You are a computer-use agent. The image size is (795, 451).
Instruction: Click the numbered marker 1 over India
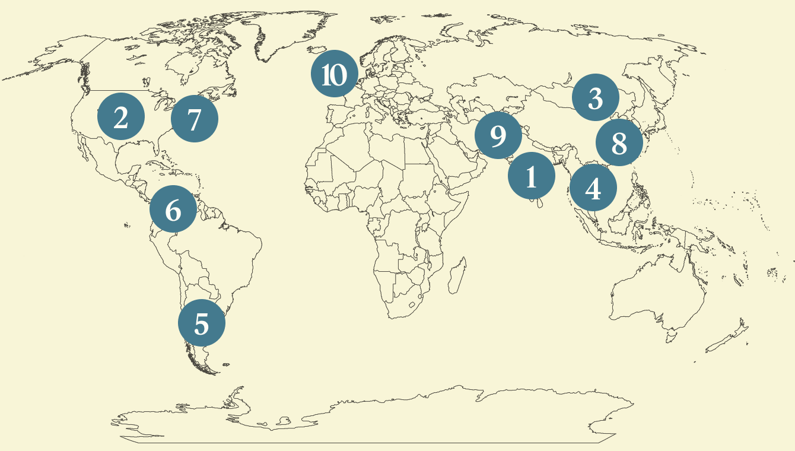(531, 176)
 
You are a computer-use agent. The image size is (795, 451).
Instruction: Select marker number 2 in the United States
(121, 117)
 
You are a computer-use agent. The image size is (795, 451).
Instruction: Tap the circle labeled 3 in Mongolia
(596, 98)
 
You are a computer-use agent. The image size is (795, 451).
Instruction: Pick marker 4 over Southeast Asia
(593, 188)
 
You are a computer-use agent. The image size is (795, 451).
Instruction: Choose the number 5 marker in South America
(202, 323)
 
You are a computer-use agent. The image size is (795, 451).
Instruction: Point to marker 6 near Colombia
(173, 209)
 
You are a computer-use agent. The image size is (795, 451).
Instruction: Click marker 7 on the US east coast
(194, 119)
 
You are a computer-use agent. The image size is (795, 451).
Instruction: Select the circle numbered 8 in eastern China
(619, 142)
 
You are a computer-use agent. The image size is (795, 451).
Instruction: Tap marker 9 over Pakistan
(498, 135)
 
